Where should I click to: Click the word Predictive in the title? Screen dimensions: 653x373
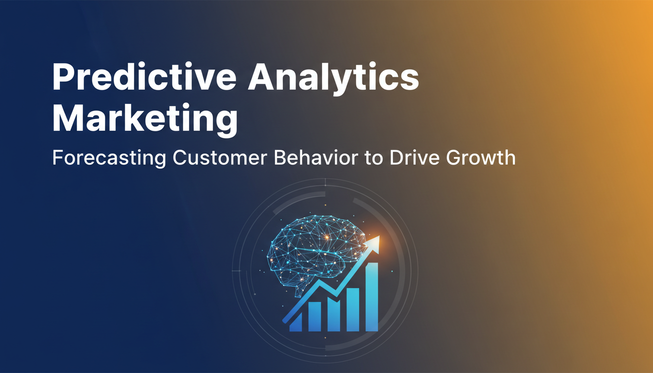[x=144, y=76]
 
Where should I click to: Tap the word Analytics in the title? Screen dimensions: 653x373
[x=333, y=78]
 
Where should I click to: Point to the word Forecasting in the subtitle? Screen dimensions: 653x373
[x=109, y=158]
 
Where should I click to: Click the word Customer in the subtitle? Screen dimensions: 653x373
[x=220, y=158]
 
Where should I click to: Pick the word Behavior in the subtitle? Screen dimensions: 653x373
[x=316, y=158]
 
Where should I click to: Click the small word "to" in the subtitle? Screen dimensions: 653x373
[x=374, y=159]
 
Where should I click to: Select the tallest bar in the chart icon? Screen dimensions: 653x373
[x=372, y=297]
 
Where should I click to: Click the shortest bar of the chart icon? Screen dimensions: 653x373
[x=295, y=323]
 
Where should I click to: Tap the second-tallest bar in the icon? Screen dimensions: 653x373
[x=353, y=309]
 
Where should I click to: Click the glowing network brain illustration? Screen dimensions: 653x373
[x=316, y=254]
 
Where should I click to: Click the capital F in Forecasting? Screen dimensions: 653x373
[x=58, y=158]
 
